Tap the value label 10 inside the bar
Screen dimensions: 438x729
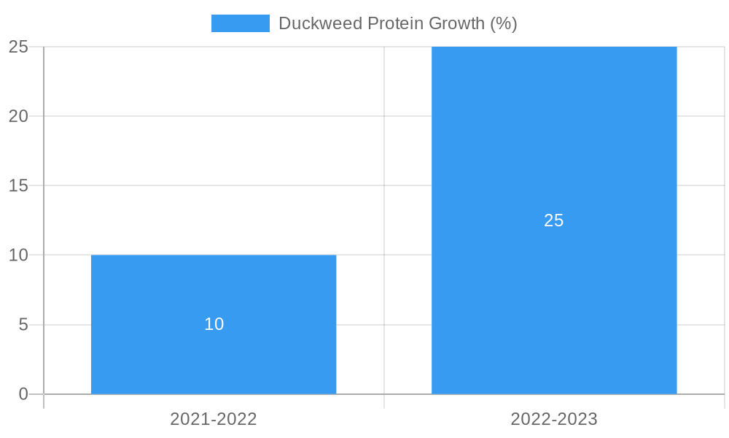coord(214,324)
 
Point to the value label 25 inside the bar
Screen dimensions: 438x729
coord(554,220)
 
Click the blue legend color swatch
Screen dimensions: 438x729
coord(240,23)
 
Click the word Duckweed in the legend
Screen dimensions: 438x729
coord(320,23)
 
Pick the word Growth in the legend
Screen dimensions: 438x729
coord(456,23)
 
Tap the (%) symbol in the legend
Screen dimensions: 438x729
coord(503,23)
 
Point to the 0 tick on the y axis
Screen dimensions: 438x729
coord(23,394)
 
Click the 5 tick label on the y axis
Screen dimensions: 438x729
coord(23,325)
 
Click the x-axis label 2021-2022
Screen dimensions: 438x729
coord(214,419)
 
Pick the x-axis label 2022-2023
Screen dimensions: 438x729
coord(554,419)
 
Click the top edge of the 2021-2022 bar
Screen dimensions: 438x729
coord(214,255)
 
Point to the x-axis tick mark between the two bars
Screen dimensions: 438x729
coord(384,401)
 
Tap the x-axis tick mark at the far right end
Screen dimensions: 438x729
coord(724,401)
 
